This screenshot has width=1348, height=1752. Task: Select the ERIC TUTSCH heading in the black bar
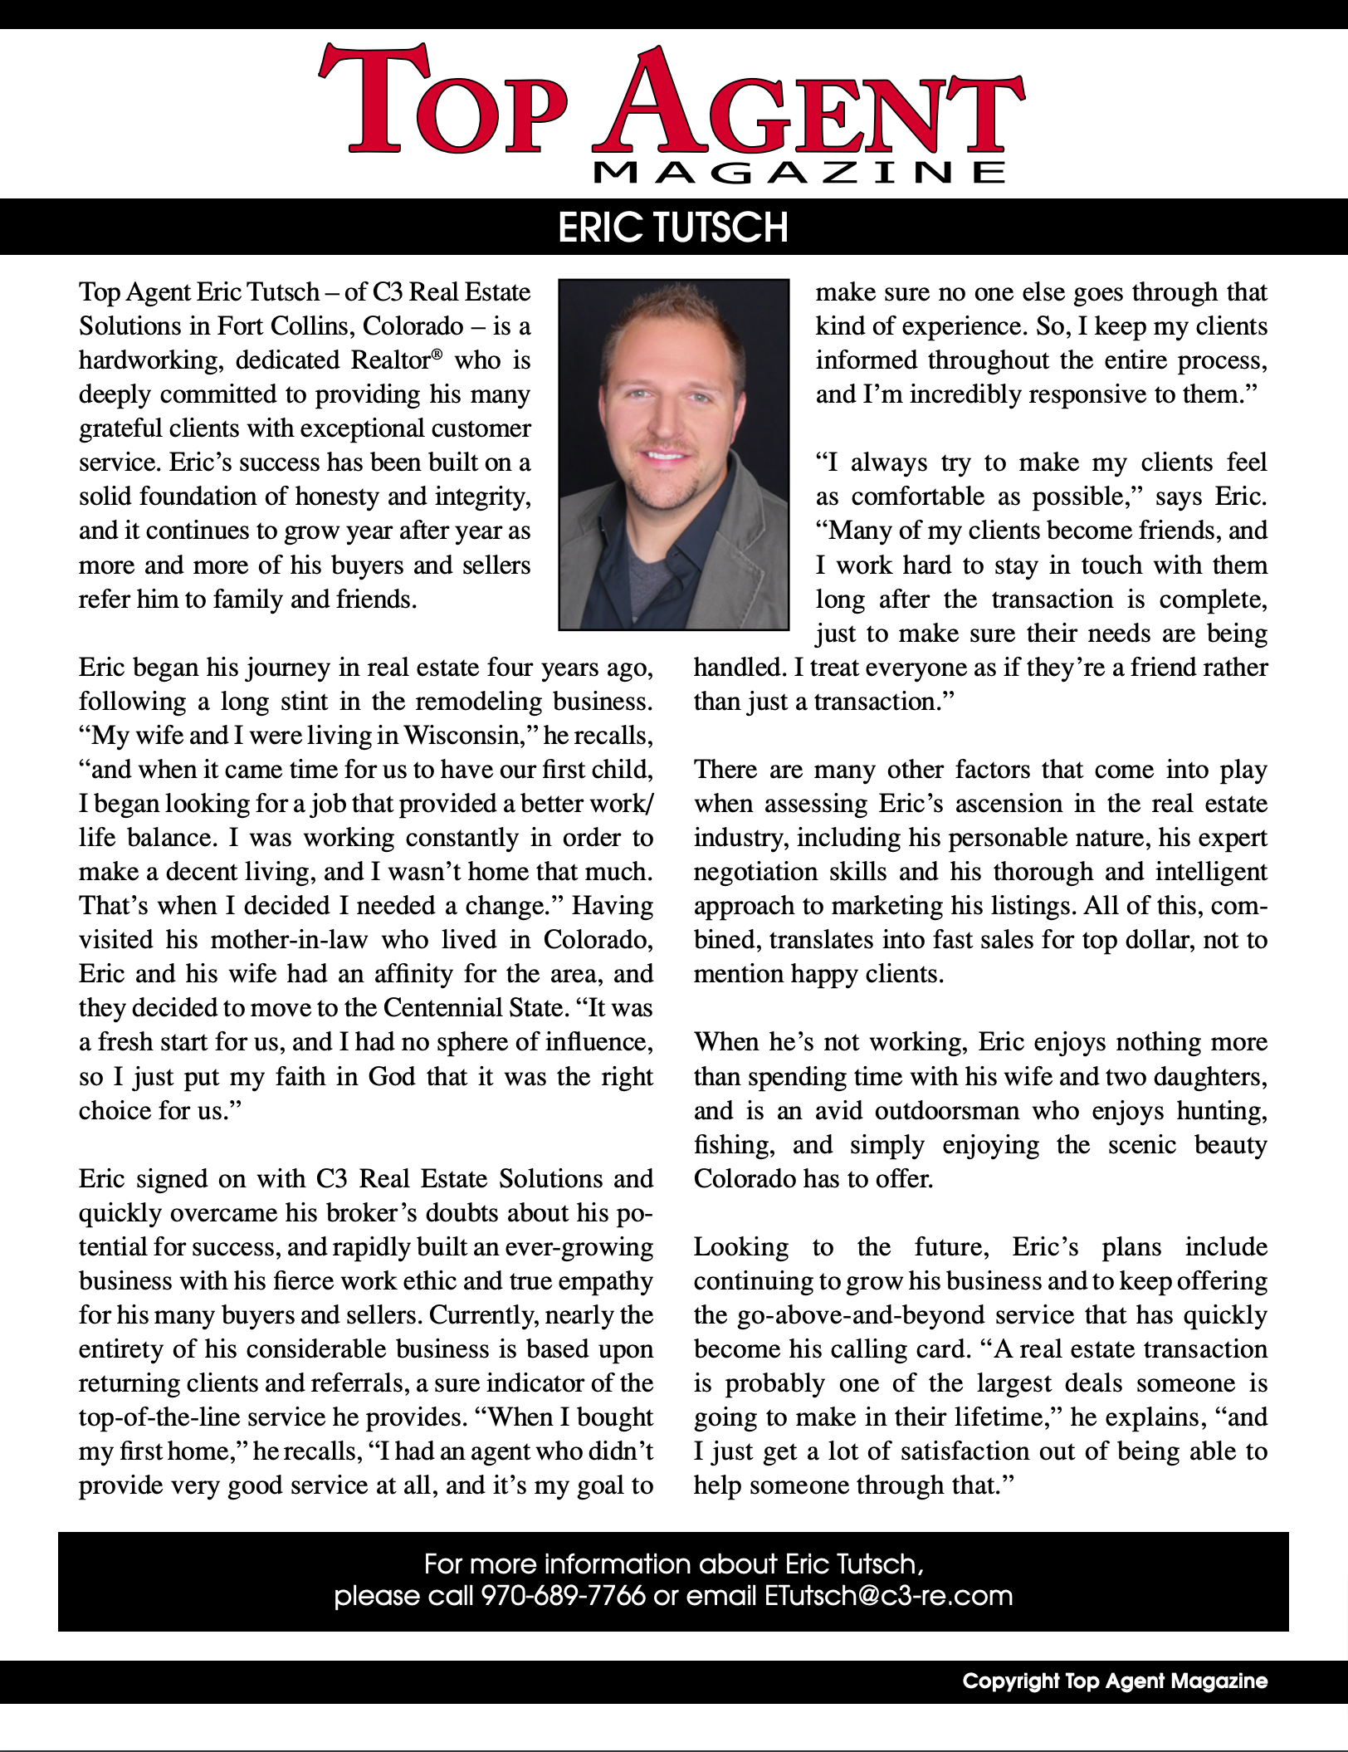point(673,227)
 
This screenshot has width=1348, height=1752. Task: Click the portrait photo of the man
point(673,453)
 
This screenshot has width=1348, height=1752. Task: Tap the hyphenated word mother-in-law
point(288,940)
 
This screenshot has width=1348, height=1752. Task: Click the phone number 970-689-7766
point(563,1596)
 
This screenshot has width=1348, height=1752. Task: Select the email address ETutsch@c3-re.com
point(888,1596)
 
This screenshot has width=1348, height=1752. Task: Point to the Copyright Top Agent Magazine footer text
point(1115,1681)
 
